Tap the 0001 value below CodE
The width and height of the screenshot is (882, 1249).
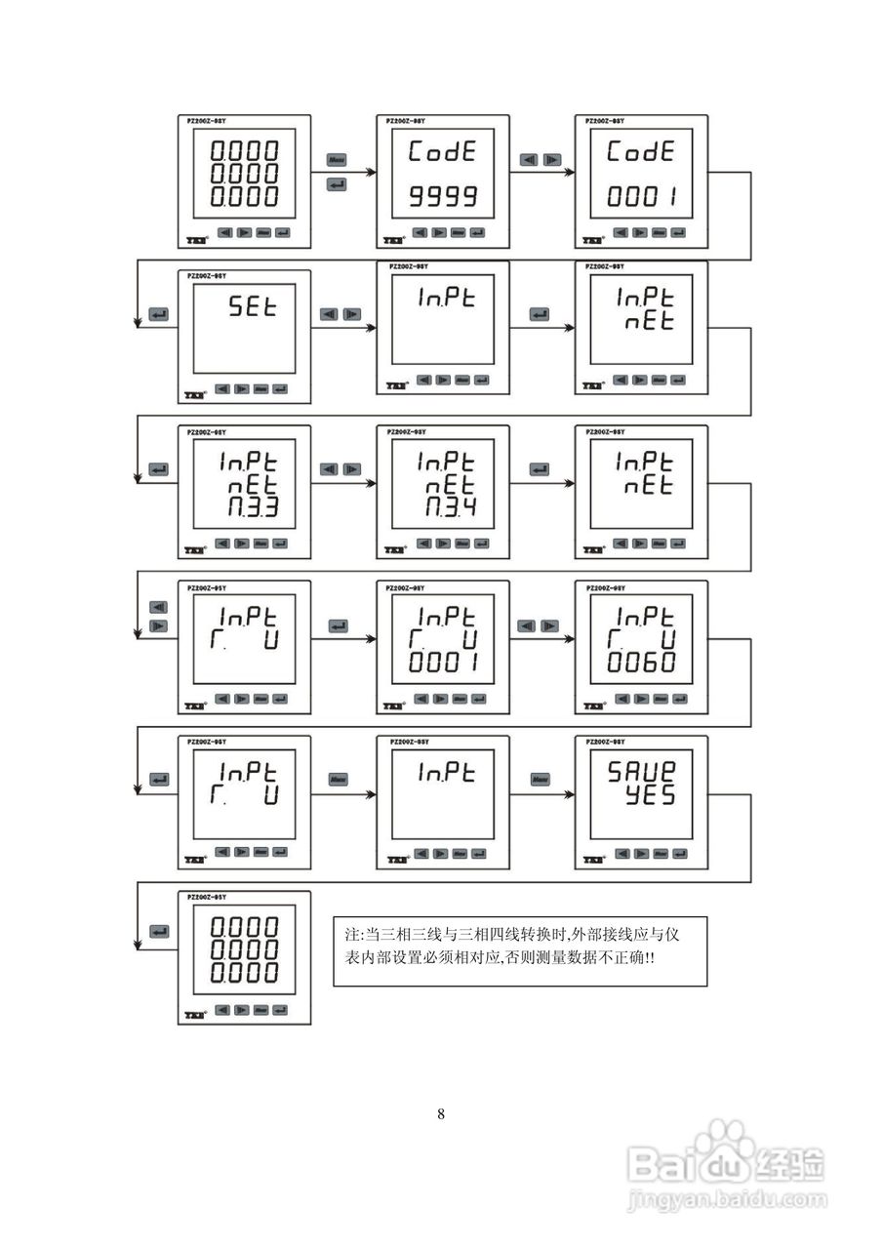(641, 197)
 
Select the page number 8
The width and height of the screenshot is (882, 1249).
(441, 1114)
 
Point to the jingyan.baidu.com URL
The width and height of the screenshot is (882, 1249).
(727, 1200)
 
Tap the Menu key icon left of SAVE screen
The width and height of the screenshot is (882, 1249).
(540, 780)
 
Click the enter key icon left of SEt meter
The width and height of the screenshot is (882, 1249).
(158, 314)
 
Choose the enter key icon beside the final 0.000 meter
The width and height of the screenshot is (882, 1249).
(158, 931)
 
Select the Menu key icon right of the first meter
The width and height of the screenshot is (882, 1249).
(337, 159)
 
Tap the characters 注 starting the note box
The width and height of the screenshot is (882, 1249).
(353, 935)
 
